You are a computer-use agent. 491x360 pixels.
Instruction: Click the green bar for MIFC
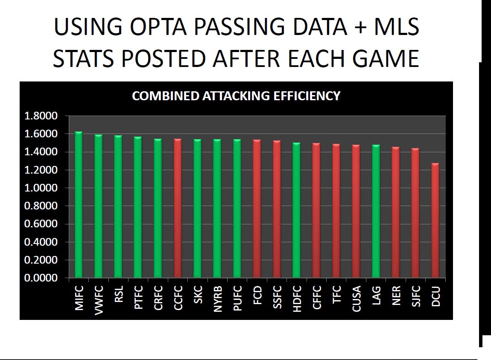[79, 205]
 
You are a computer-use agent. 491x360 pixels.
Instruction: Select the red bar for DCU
[435, 220]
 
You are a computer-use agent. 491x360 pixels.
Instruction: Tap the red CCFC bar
[178, 208]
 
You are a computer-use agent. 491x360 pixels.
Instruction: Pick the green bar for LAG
[376, 211]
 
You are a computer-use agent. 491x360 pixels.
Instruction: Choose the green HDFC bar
[297, 210]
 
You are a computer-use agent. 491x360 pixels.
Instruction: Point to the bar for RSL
[118, 206]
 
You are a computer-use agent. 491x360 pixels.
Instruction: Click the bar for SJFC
[415, 213]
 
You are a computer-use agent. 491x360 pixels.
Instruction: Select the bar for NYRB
[217, 208]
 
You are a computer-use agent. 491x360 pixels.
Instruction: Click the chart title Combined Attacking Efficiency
[236, 96]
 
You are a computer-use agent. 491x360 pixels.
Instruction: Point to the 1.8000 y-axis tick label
[41, 116]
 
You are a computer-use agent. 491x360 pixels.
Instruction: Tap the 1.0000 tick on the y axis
[41, 188]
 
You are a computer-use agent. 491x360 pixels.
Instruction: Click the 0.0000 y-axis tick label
[41, 278]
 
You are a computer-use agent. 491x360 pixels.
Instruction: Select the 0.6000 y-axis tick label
[41, 224]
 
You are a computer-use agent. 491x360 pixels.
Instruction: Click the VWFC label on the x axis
[99, 300]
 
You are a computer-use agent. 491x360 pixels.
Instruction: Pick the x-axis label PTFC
[138, 297]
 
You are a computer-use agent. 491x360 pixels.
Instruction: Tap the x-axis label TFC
[336, 294]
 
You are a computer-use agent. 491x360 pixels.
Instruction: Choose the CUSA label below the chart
[357, 299]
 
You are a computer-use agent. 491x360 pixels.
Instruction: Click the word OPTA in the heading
[158, 26]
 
